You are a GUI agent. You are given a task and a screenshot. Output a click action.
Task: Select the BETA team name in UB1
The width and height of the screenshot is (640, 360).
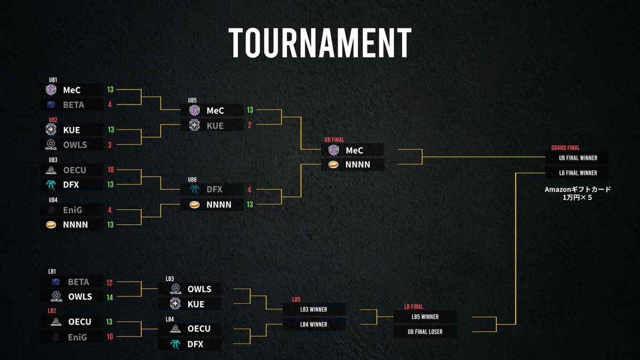[x=74, y=105]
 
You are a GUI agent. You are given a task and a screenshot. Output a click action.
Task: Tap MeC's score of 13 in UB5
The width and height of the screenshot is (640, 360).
[x=250, y=110]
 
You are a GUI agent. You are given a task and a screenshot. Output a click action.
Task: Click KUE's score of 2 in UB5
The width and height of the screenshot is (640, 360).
[x=250, y=125]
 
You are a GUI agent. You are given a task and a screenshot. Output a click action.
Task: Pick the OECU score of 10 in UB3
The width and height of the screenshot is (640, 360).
[x=110, y=170]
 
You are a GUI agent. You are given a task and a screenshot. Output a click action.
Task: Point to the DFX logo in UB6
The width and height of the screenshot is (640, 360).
[x=194, y=189]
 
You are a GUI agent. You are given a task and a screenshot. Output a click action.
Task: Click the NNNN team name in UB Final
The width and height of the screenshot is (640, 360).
[x=358, y=165]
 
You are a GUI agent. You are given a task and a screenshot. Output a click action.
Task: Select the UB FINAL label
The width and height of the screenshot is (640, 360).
[x=335, y=140]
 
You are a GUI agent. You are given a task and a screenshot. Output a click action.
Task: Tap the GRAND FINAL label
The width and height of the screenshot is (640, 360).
[x=565, y=148]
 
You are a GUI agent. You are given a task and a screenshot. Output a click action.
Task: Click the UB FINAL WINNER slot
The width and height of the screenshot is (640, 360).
[x=578, y=158]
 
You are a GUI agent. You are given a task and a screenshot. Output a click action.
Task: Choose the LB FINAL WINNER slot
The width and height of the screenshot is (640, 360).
[x=578, y=173]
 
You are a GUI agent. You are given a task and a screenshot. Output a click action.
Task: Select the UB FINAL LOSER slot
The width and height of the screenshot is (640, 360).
[x=425, y=332]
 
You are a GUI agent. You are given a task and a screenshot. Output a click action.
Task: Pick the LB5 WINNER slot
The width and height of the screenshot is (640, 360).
[x=425, y=317]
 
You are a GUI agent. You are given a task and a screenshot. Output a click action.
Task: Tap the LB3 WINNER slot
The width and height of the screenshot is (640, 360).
[x=314, y=309]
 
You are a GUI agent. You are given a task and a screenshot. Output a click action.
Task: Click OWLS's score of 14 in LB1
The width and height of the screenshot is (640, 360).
[x=110, y=297]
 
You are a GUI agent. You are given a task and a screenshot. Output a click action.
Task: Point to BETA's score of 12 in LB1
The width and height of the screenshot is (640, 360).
[x=110, y=282]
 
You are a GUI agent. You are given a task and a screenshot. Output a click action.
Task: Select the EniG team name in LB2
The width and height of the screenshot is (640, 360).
[x=78, y=337]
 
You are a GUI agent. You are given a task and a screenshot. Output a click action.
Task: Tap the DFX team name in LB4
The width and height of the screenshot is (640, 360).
[x=195, y=345]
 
